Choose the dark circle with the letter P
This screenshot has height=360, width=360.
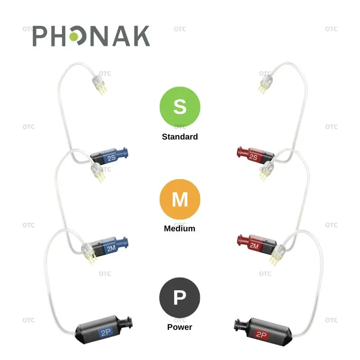(x=180, y=297)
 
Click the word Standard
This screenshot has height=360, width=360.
(x=180, y=136)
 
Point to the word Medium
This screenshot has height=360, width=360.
(x=180, y=228)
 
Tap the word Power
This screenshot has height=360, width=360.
(x=180, y=327)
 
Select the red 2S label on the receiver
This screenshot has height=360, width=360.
(x=253, y=157)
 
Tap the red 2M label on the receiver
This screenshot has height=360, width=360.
(x=254, y=246)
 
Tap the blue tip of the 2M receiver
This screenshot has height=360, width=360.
(x=127, y=241)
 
